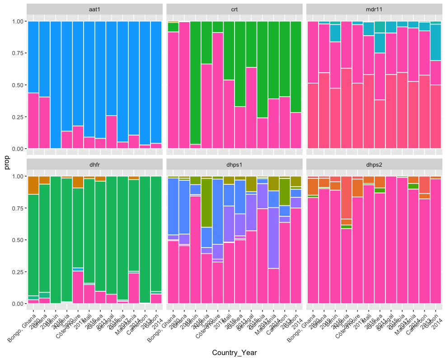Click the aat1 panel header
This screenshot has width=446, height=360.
click(x=94, y=9)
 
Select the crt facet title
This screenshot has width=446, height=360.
click(x=235, y=9)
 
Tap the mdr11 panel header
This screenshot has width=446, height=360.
click(x=374, y=9)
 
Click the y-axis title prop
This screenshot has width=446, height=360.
click(x=7, y=163)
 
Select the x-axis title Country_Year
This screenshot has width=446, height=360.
click(x=234, y=352)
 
